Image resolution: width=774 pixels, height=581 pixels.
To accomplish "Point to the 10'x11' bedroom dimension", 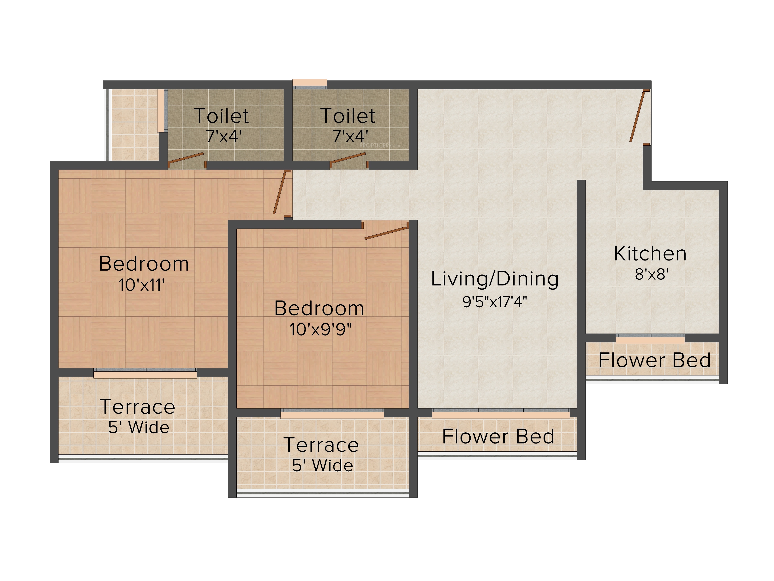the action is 142,285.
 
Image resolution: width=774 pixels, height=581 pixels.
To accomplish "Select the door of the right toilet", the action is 348,158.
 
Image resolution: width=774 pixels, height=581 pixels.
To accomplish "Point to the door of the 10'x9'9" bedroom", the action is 386,233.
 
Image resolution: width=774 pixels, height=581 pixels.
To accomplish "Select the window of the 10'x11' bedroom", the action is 145,373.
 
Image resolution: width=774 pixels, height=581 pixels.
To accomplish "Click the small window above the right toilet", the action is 310,83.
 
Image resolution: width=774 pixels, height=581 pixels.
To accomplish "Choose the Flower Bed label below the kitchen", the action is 654,360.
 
